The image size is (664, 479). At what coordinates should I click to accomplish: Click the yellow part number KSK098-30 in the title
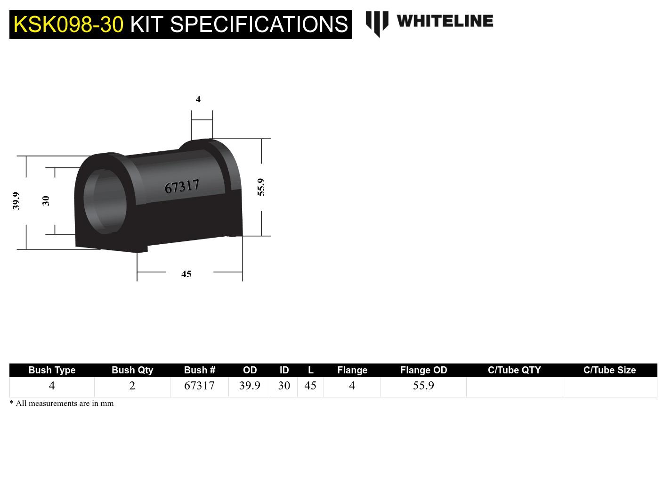(68, 25)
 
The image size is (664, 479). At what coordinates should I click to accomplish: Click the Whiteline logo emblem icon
(377, 23)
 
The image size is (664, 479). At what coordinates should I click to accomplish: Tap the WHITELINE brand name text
(445, 21)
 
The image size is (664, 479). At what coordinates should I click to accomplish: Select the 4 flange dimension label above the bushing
(198, 99)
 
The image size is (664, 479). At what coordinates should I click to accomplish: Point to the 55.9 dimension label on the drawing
(261, 187)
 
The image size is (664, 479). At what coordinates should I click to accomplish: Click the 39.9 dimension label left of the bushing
(16, 200)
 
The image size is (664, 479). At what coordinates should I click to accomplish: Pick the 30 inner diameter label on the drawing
(46, 201)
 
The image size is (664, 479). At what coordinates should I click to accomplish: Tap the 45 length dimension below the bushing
(186, 274)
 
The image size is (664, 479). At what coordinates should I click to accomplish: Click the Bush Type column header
(52, 370)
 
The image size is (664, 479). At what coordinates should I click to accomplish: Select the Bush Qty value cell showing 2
(132, 386)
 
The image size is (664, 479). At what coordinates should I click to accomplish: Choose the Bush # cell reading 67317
(199, 386)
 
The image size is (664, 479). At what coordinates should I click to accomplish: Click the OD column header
(250, 370)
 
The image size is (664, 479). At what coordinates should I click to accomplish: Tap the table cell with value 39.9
(250, 386)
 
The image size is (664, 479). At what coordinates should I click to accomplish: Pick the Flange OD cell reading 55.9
(423, 386)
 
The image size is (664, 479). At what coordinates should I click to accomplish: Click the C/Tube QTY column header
(514, 370)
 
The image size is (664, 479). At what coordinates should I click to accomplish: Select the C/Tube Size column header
(609, 370)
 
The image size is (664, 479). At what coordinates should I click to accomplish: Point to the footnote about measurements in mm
(62, 404)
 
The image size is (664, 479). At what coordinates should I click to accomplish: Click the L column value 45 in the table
(310, 386)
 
